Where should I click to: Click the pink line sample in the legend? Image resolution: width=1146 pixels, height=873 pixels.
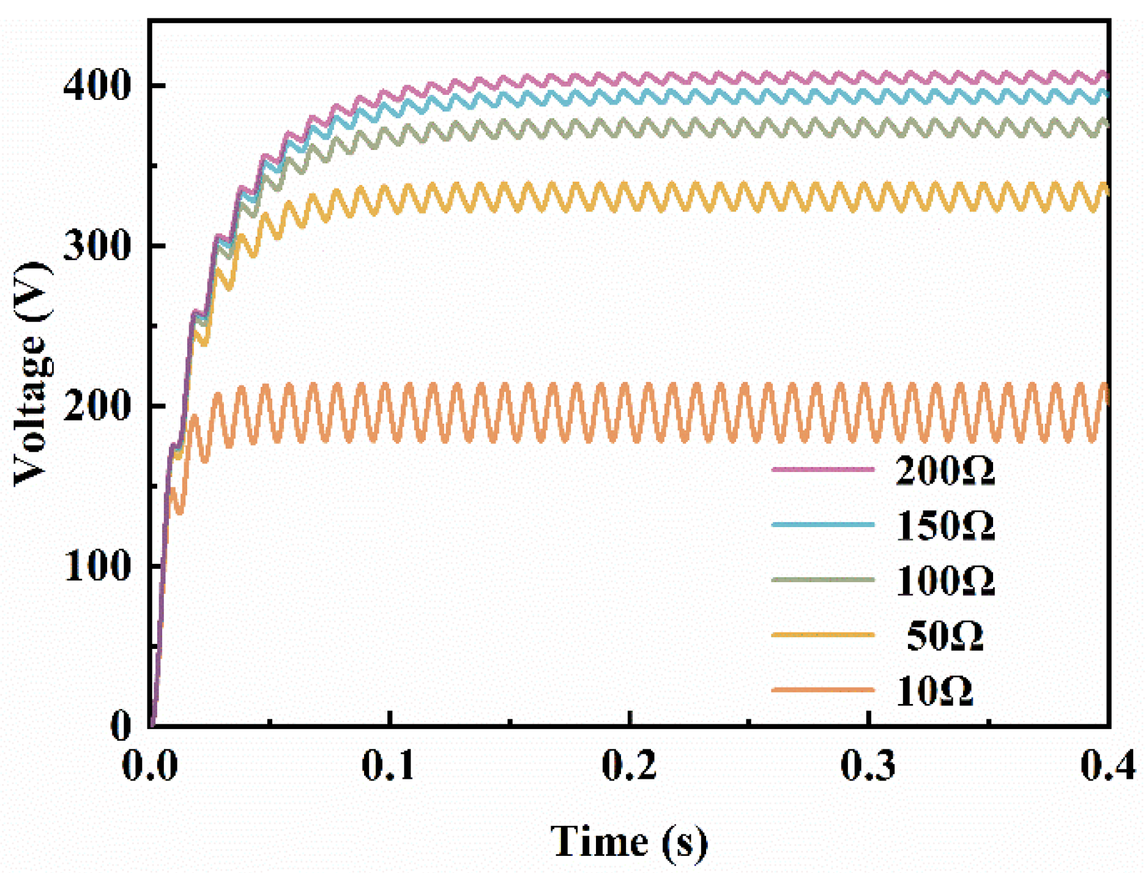coord(823,470)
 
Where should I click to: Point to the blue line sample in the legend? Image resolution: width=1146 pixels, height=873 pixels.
coord(823,525)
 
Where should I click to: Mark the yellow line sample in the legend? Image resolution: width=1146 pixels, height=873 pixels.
coord(823,635)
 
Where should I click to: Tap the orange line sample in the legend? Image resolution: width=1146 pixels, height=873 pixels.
coord(823,690)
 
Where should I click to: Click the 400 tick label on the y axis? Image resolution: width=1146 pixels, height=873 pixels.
coord(97,86)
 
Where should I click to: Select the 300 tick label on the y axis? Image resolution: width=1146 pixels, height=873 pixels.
coord(97,246)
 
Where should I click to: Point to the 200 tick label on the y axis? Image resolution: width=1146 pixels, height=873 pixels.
coord(97,406)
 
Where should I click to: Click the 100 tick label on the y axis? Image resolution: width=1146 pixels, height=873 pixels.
coord(97,566)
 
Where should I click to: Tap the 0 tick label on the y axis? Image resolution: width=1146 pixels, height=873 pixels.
coord(121,725)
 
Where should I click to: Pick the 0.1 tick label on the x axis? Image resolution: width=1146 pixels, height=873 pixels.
coord(389,765)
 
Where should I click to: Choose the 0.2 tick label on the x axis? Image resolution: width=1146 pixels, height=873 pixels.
coord(628,765)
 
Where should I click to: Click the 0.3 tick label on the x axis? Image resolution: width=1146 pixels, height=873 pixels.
coord(868,765)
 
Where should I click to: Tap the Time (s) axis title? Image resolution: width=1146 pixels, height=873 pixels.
coord(629,841)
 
